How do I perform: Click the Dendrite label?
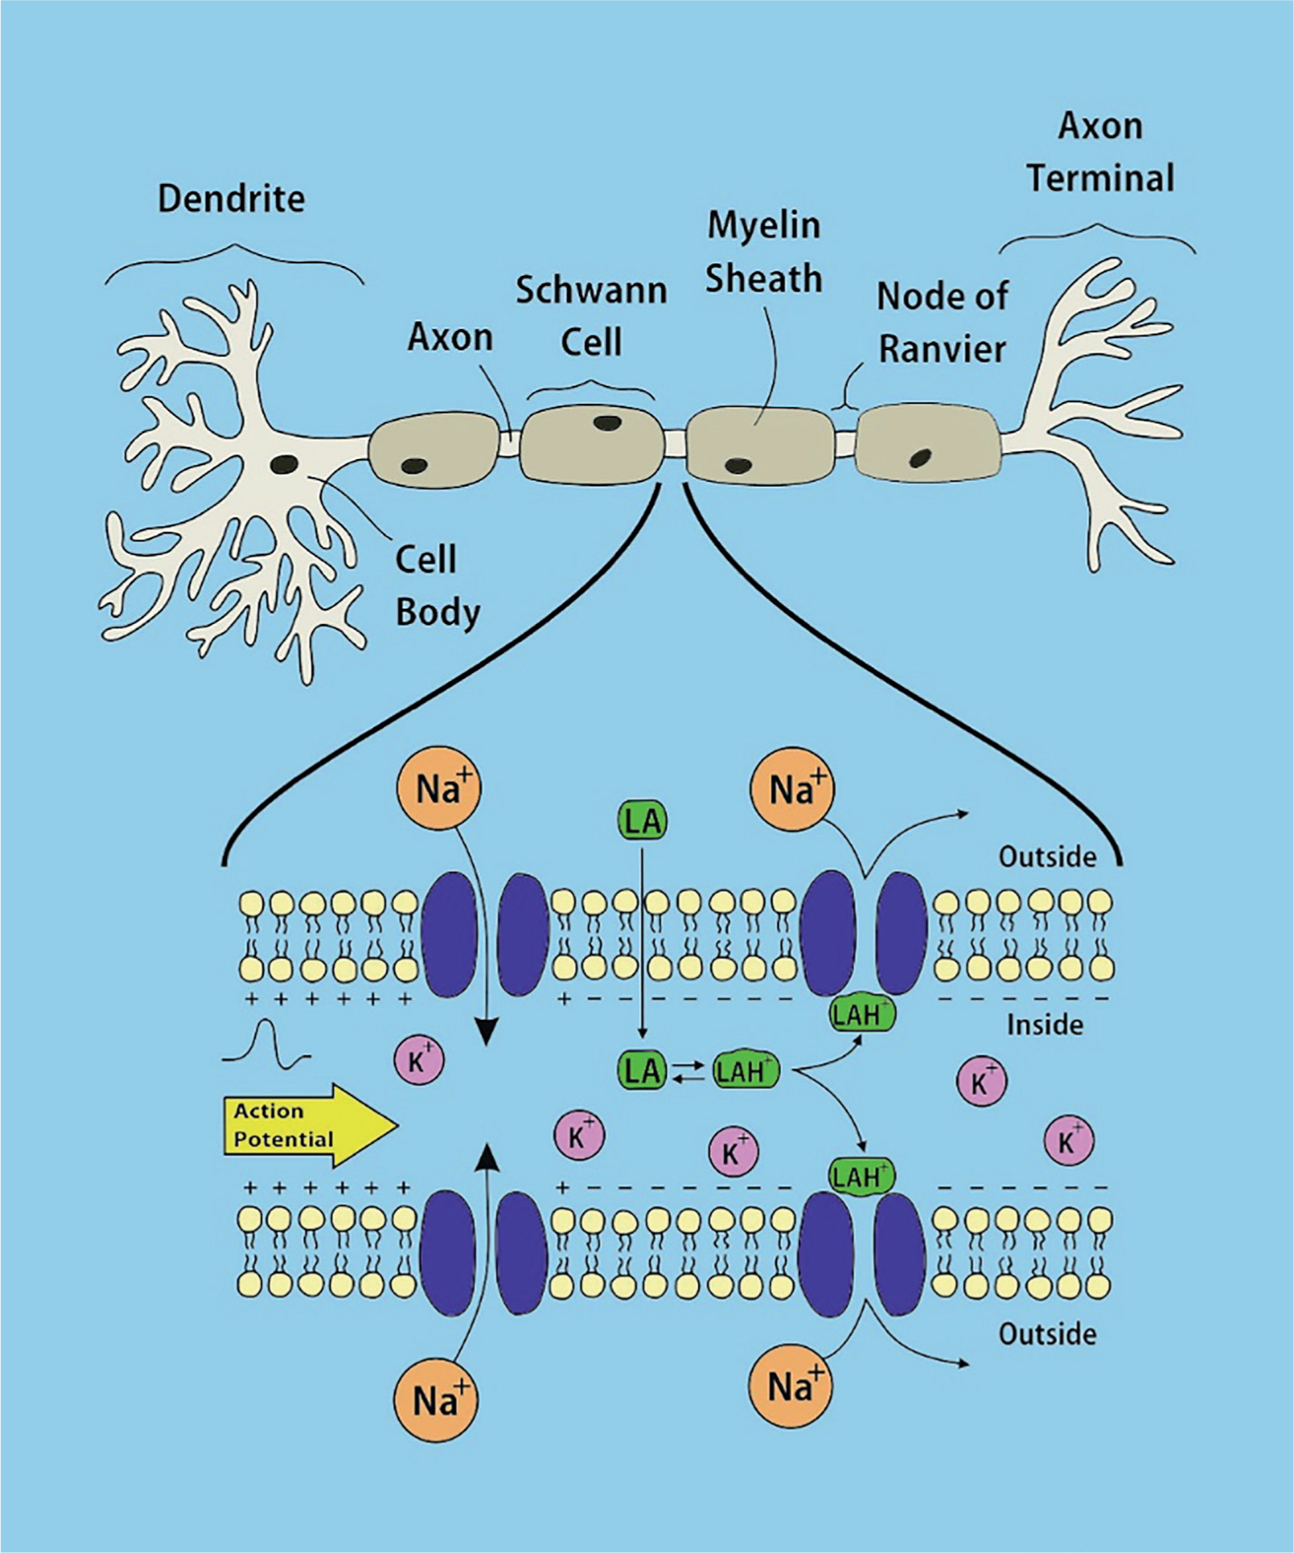[231, 199]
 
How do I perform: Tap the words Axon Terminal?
[1101, 152]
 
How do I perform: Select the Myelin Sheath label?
[763, 252]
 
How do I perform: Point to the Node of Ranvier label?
[942, 322]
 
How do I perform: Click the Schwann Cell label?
[592, 316]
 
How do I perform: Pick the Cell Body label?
[437, 585]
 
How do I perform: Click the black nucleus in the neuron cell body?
[285, 464]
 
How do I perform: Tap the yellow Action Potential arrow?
[309, 1125]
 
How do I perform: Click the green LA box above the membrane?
[642, 822]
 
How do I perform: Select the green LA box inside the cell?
[642, 1071]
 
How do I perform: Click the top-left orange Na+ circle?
[438, 788]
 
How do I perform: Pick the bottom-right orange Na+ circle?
[791, 1386]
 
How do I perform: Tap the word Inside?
[1044, 1025]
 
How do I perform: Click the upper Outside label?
[1047, 856]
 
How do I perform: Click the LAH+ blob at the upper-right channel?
[861, 1015]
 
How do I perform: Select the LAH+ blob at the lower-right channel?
[861, 1177]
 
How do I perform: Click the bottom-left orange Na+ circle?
[435, 1401]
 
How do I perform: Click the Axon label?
[450, 337]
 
